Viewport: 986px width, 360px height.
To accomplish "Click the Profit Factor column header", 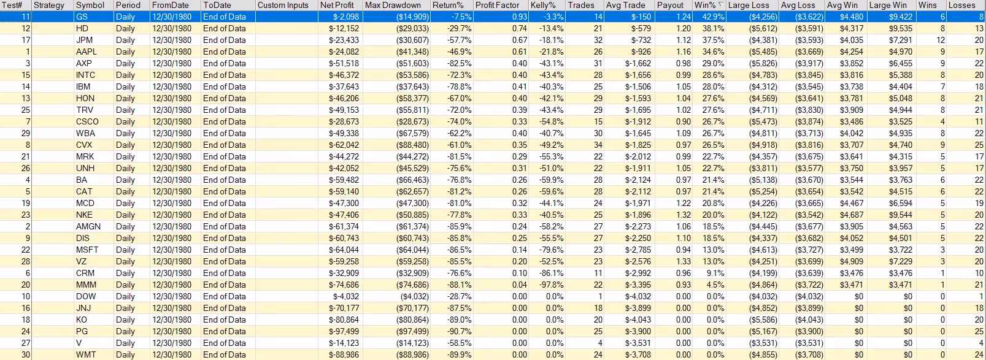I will pos(497,5).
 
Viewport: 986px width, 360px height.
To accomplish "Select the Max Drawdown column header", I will pos(393,5).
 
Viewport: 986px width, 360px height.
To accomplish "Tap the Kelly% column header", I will pos(543,5).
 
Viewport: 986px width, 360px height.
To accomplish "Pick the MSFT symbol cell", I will pos(87,250).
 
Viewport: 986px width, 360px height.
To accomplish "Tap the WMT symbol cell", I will pos(86,354).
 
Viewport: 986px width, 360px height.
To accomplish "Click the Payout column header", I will pos(670,5).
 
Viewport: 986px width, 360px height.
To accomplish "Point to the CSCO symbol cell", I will pos(87,121).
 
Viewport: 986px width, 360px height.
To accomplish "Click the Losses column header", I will pos(961,5).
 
